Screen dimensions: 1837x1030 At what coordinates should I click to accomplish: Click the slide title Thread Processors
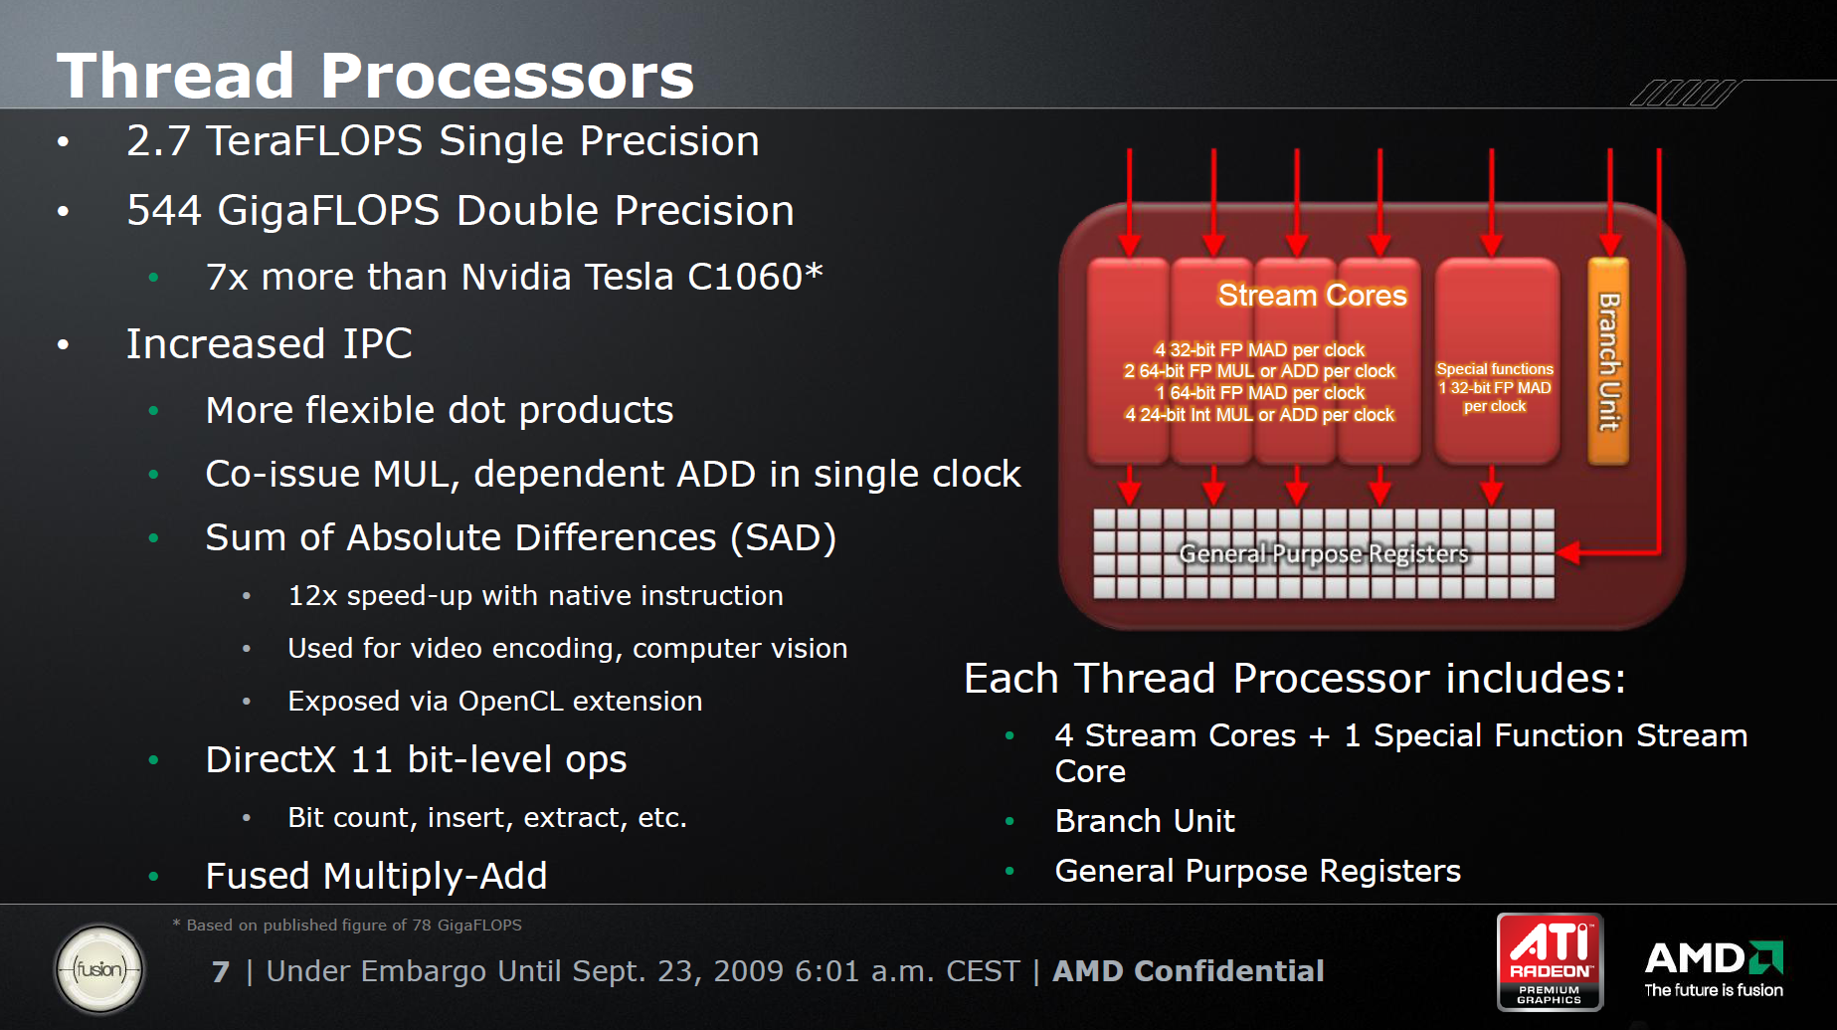click(375, 76)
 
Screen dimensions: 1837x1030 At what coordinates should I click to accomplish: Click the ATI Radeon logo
click(1550, 961)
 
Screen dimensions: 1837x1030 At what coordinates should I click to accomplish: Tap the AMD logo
click(1714, 968)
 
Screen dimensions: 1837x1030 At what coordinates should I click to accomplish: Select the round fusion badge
click(99, 969)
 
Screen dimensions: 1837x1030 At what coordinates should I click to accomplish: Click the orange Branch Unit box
click(1608, 361)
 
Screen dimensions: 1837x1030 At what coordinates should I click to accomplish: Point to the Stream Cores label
click(1312, 295)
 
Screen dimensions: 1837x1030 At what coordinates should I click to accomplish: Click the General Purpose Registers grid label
click(1323, 553)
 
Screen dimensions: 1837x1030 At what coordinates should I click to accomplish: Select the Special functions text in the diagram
click(1495, 369)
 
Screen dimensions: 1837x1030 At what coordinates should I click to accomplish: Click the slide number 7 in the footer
click(221, 971)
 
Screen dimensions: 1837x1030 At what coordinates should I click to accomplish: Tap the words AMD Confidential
click(1189, 971)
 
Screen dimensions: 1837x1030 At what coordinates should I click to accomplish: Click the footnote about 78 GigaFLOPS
click(347, 925)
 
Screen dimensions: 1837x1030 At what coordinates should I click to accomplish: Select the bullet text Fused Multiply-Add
click(376, 876)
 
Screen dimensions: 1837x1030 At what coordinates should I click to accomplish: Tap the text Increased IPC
click(269, 344)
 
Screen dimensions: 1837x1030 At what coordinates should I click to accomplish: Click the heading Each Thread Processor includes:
click(1295, 679)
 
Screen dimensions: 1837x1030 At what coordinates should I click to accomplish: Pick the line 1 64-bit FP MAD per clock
click(1259, 393)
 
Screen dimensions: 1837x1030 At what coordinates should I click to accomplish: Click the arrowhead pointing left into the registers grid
click(1568, 552)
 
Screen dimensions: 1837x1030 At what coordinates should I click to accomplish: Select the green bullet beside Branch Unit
click(1010, 821)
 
